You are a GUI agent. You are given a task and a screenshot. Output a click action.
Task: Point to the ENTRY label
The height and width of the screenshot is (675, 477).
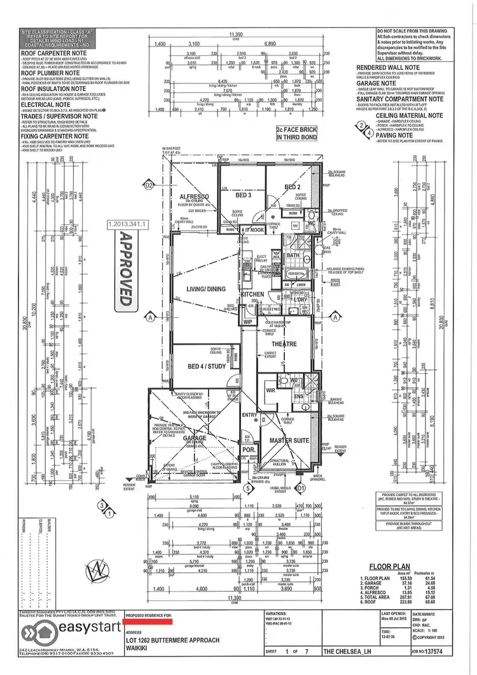click(x=249, y=415)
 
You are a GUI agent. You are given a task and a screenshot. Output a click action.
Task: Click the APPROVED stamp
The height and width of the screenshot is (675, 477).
click(x=125, y=270)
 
